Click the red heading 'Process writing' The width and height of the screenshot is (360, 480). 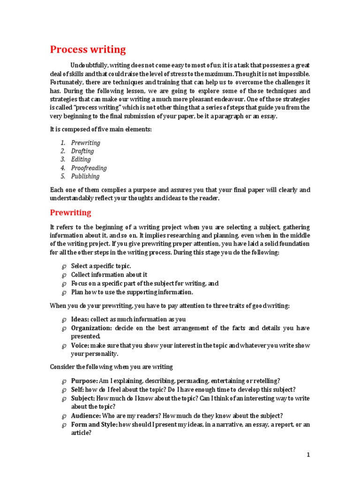coord(88,50)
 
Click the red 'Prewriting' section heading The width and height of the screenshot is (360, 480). coord(70,212)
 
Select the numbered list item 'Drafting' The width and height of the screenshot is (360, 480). coord(82,151)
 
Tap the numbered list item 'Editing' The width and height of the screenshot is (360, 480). coord(81,159)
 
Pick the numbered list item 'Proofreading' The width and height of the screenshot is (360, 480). coord(89,168)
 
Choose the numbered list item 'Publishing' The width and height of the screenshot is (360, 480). coord(85,176)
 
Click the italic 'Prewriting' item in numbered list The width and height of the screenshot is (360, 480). coord(86,142)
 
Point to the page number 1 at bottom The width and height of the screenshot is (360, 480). coord(308,454)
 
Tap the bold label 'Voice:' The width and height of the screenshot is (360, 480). coord(80,345)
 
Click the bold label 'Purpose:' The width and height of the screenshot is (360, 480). coord(84,381)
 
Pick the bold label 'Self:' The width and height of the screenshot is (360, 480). coord(77,390)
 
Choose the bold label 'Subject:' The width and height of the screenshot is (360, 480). coord(83,398)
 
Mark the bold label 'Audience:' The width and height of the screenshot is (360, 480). coord(86,416)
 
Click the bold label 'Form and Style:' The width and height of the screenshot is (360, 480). coord(94,425)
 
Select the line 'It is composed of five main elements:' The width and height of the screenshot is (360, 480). coord(101,129)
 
